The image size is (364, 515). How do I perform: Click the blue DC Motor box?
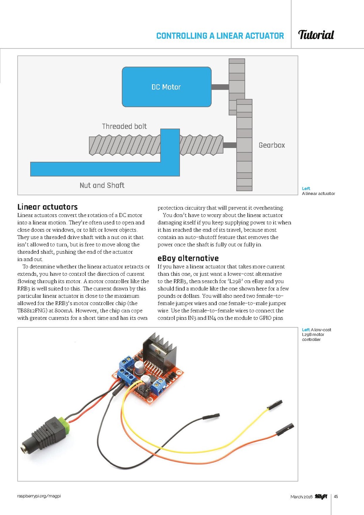166,87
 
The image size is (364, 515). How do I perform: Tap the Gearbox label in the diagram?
272,145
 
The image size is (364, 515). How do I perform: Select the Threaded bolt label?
124,126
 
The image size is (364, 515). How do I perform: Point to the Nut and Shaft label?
102,185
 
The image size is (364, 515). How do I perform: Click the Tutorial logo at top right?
316,35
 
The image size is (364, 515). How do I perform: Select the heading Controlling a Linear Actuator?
220,36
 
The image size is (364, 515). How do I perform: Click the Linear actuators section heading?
48,207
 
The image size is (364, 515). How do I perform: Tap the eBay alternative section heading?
188,259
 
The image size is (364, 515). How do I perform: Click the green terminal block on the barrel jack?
64,425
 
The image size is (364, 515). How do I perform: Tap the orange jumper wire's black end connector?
285,429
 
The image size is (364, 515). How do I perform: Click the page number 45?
336,496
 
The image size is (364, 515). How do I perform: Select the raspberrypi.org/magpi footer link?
39,496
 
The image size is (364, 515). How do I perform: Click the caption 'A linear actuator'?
318,193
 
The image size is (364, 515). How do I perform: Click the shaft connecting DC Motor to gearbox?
220,87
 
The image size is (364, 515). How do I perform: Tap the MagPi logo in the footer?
321,496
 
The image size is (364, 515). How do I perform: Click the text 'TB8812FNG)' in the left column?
32,311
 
